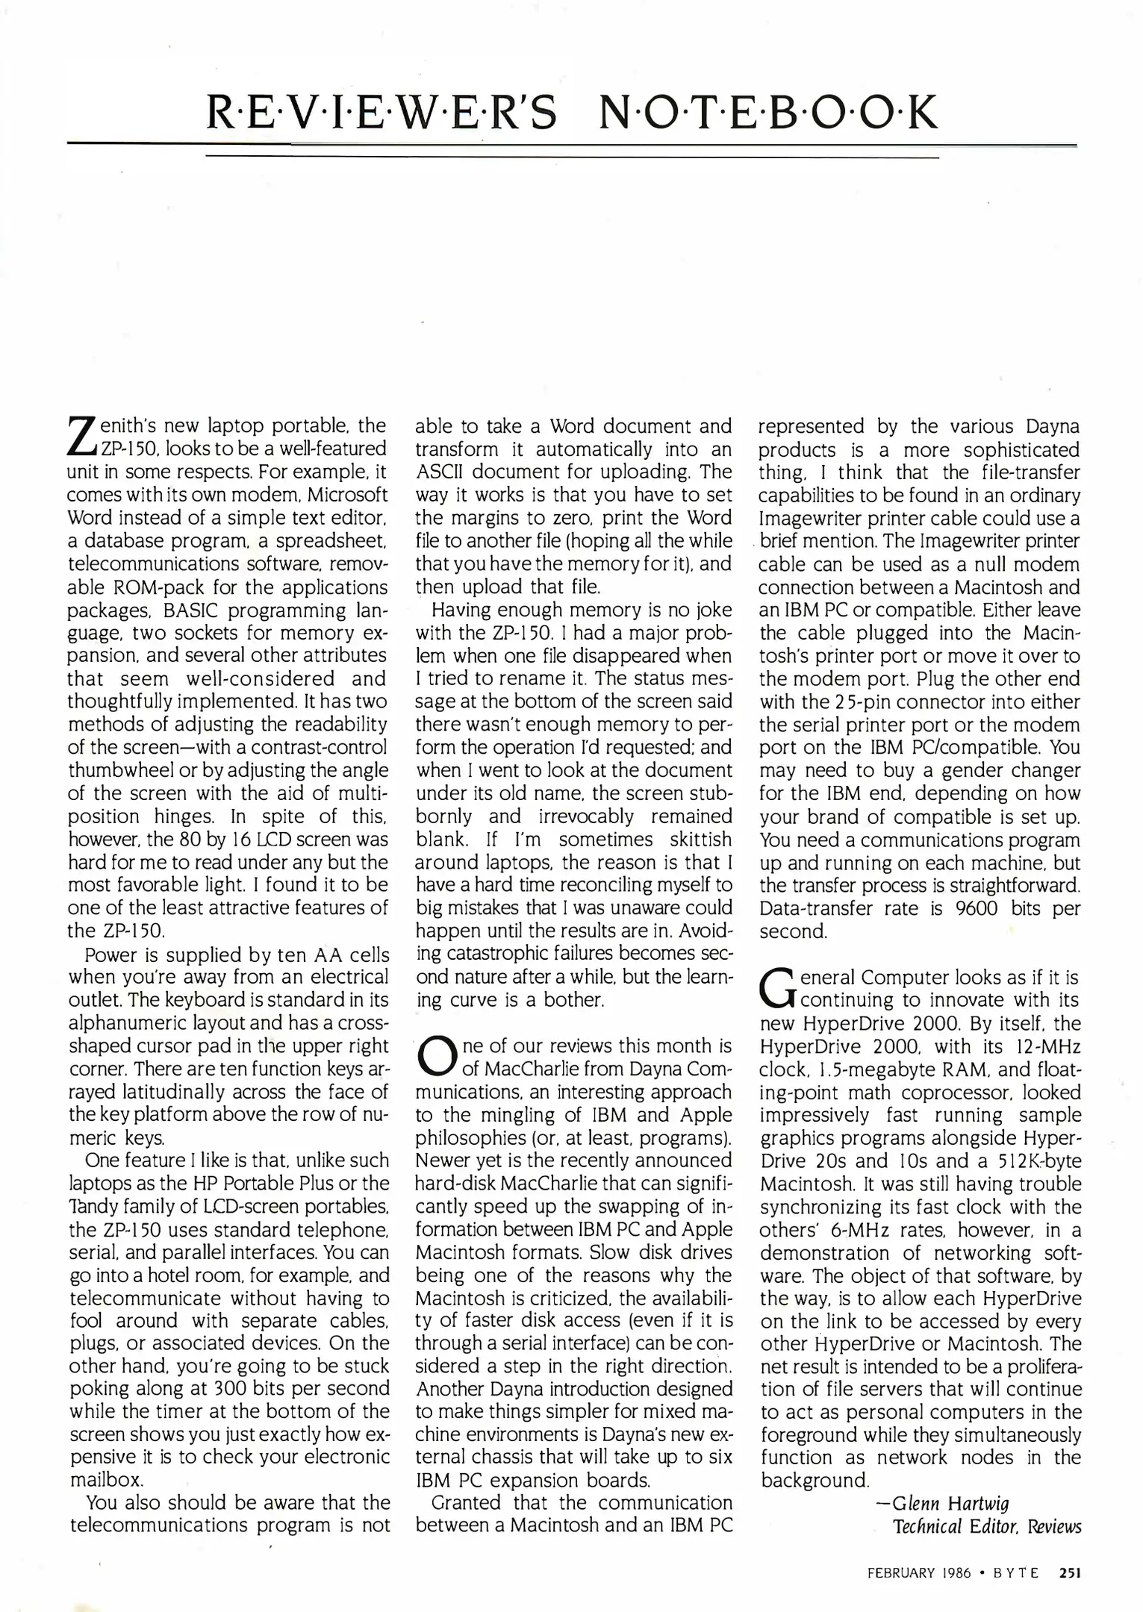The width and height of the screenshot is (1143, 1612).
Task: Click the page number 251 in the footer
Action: click(1069, 1571)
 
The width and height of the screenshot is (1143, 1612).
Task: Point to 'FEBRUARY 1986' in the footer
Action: click(919, 1571)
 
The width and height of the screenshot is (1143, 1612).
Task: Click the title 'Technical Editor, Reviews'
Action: click(987, 1526)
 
